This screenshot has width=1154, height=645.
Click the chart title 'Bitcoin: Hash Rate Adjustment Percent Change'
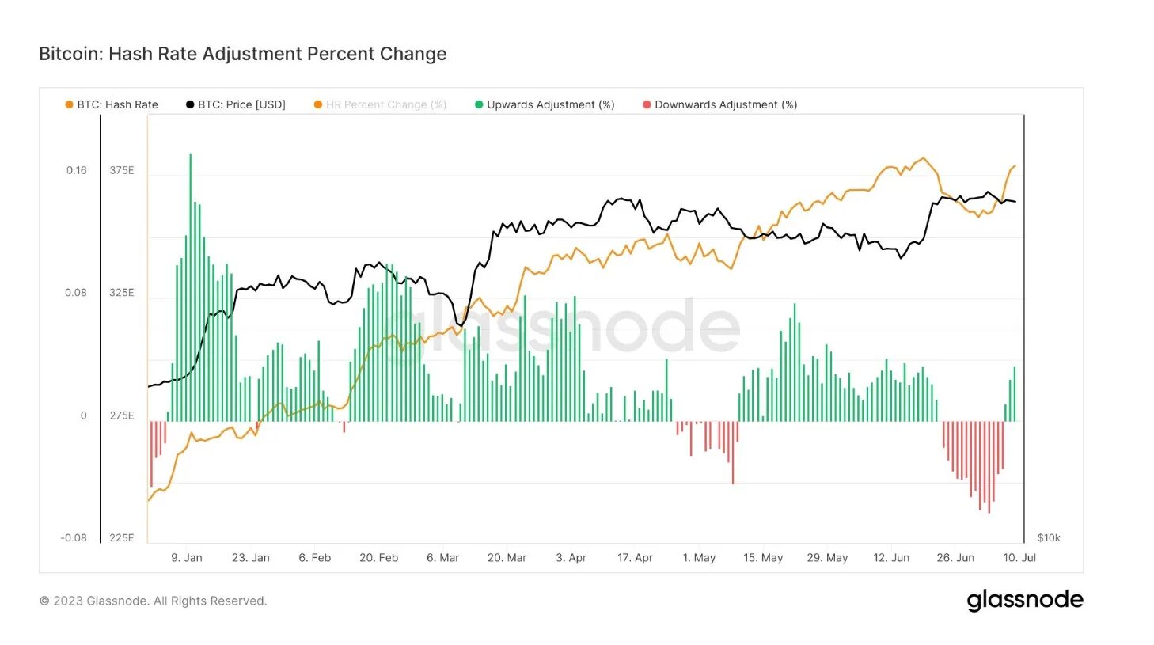click(x=242, y=54)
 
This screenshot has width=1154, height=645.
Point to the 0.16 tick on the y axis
click(x=77, y=170)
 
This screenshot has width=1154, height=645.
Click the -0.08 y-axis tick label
click(x=74, y=538)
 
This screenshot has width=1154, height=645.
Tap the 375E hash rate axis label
click(x=122, y=170)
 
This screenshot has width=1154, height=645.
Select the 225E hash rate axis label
click(x=122, y=538)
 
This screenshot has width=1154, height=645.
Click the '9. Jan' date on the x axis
click(x=187, y=558)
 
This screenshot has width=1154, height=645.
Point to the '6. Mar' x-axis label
click(x=443, y=558)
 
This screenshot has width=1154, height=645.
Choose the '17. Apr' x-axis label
click(x=635, y=558)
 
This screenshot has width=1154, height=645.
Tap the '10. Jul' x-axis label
click(x=1019, y=558)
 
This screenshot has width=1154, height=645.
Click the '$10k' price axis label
click(x=1049, y=538)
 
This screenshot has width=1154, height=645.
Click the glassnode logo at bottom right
click(x=1025, y=601)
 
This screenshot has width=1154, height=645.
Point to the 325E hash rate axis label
click(x=122, y=293)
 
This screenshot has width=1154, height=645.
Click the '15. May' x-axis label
click(x=763, y=558)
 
